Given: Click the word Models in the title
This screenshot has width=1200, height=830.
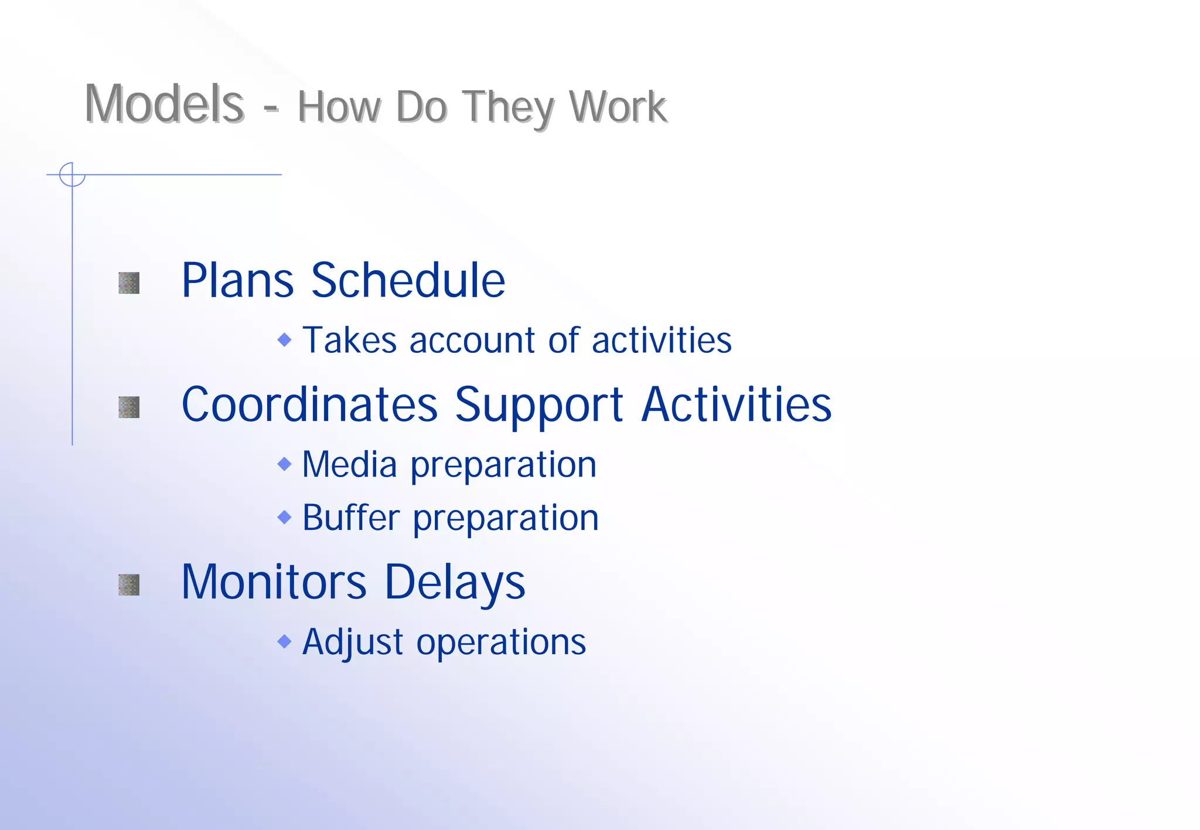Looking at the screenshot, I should point(163,104).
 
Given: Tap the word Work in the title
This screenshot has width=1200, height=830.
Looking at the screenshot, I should point(618,107).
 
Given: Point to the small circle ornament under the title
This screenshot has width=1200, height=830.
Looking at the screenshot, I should point(72,175).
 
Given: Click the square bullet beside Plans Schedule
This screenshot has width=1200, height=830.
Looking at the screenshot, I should point(129,283).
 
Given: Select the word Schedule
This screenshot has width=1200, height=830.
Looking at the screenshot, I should point(408,280).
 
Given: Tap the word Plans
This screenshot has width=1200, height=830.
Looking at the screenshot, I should point(237,280).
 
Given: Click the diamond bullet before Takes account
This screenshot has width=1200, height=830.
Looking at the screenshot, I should point(284,339).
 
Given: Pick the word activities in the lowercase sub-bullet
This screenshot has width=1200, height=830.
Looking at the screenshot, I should point(662,340).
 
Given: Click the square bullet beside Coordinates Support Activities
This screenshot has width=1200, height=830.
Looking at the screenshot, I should point(129,407).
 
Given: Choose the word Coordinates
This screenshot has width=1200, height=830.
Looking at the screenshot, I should point(309,404).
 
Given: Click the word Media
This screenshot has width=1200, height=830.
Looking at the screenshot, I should point(350,464).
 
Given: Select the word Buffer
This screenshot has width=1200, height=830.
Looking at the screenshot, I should point(351,518).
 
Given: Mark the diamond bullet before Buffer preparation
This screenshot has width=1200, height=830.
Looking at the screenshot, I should point(284,517).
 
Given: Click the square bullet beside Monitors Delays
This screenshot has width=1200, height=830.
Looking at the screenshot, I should point(129,584).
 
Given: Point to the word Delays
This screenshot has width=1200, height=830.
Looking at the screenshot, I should point(455,583).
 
